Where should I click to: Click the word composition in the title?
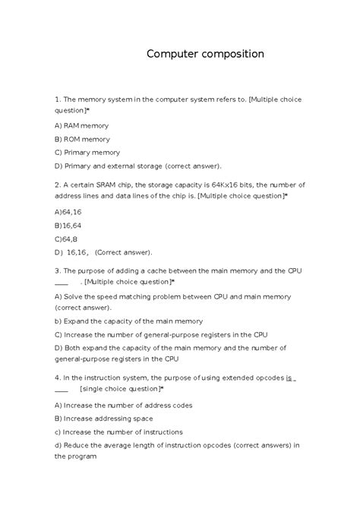[229, 55]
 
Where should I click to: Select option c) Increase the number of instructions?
[118, 431]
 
